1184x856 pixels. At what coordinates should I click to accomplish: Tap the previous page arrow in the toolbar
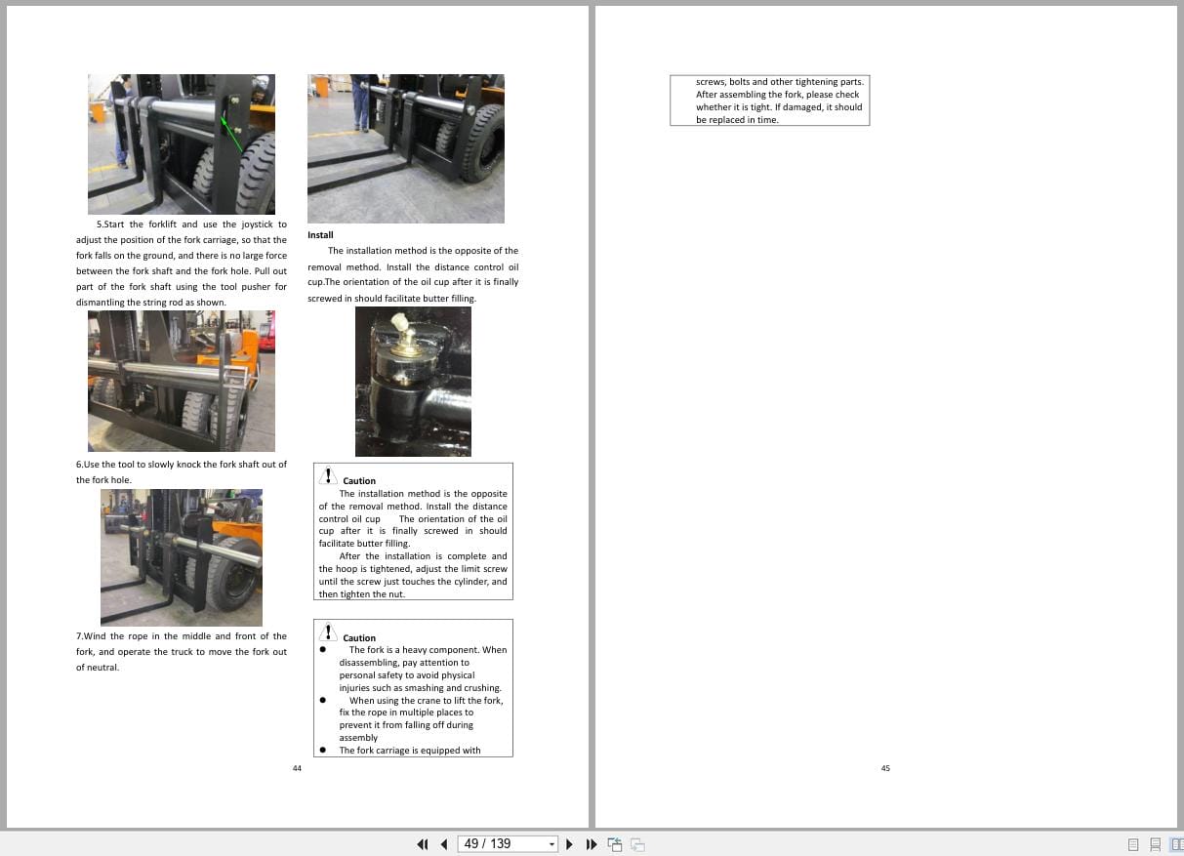click(444, 844)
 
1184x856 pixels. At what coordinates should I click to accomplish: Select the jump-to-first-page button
click(423, 844)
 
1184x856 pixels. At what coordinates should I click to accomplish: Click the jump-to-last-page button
click(591, 844)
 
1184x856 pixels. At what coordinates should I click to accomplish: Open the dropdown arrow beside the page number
click(551, 844)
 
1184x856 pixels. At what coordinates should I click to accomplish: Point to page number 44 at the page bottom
click(297, 768)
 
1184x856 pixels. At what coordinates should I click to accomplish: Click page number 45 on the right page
click(885, 768)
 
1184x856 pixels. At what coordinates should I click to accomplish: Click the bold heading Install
click(320, 235)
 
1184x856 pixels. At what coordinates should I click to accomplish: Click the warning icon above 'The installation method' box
click(329, 475)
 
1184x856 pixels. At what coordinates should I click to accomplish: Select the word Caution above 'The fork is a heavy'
click(359, 638)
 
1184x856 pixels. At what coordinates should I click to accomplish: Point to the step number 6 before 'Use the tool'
click(79, 465)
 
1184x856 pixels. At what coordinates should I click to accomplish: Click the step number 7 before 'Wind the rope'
click(79, 636)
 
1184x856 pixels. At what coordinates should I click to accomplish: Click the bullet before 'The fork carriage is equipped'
click(323, 751)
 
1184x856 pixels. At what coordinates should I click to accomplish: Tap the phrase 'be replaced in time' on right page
click(737, 120)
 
